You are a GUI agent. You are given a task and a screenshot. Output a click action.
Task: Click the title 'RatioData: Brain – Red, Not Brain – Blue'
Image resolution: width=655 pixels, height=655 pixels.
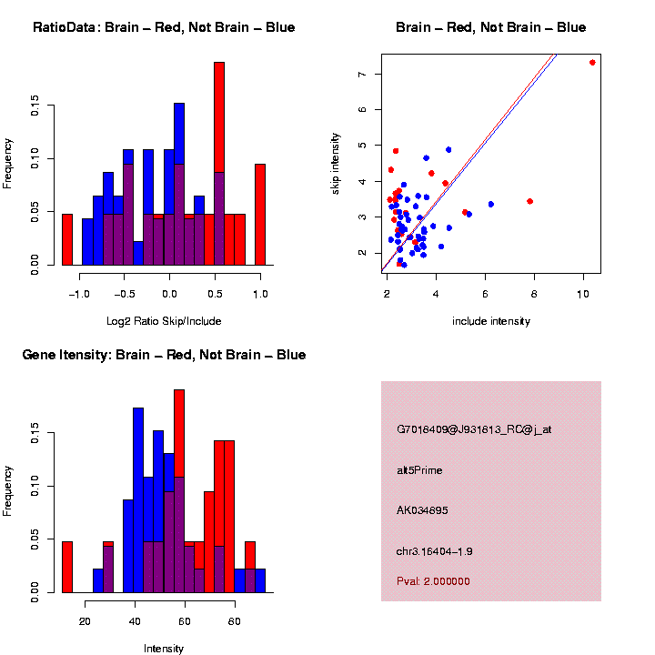pyautogui.click(x=164, y=27)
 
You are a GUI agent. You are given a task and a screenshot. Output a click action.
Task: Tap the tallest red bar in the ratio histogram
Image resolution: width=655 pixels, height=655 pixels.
pyautogui.click(x=219, y=164)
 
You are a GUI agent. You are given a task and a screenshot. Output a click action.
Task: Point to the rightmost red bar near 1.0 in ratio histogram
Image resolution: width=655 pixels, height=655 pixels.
pyautogui.click(x=260, y=215)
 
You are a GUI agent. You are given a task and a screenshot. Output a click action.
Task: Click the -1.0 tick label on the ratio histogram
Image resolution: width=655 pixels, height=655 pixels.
pyautogui.click(x=80, y=295)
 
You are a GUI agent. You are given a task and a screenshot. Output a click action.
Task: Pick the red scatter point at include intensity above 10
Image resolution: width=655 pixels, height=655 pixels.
pyautogui.click(x=592, y=62)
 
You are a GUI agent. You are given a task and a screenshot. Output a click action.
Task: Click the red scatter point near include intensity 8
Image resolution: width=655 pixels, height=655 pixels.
pyautogui.click(x=529, y=201)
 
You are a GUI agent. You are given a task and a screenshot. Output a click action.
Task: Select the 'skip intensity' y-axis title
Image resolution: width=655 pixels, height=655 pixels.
pyautogui.click(x=336, y=162)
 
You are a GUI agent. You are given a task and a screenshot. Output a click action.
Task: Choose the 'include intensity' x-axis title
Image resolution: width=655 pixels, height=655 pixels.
pyautogui.click(x=491, y=321)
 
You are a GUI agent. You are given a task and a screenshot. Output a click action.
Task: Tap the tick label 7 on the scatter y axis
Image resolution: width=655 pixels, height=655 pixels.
pyautogui.click(x=363, y=74)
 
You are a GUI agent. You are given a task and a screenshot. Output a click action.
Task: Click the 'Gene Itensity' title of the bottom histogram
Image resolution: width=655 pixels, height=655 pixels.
pyautogui.click(x=164, y=355)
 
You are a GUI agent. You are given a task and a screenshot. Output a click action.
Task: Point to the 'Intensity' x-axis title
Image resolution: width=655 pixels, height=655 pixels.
pyautogui.click(x=164, y=649)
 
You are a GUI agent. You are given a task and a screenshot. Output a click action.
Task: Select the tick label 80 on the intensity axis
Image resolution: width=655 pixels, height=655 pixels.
pyautogui.click(x=235, y=622)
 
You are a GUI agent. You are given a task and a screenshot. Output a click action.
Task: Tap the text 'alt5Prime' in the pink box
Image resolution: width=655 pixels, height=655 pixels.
pyautogui.click(x=419, y=470)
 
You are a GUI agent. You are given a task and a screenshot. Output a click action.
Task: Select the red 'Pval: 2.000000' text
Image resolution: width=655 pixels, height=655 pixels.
pyautogui.click(x=433, y=581)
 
